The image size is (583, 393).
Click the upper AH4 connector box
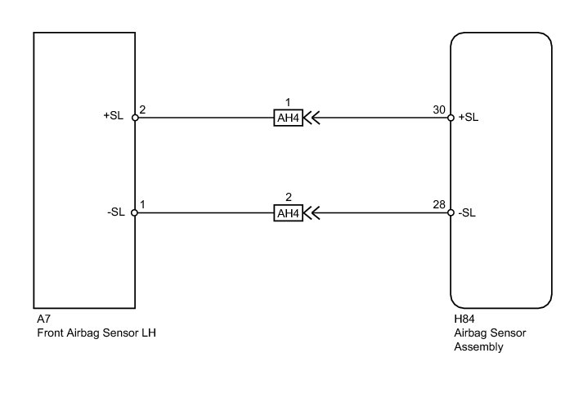[x=288, y=118]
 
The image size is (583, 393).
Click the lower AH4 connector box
[x=288, y=213]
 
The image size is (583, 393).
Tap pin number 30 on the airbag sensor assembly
[x=439, y=109]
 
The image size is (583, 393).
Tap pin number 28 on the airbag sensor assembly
[x=439, y=205]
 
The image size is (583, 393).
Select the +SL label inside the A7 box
[x=114, y=115]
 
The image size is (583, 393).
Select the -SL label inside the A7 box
[x=115, y=212]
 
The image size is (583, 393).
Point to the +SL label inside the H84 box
[x=469, y=117]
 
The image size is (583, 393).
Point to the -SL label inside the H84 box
[x=467, y=213]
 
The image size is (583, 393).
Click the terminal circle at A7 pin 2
[x=135, y=118]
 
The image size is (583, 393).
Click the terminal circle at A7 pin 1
[x=135, y=213]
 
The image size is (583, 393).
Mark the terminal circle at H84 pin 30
[x=451, y=118]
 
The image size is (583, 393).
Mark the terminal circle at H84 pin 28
[x=451, y=213]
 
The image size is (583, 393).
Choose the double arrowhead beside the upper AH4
[x=312, y=118]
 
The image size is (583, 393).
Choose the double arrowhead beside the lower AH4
[x=312, y=213]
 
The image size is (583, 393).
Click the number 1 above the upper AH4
[x=288, y=102]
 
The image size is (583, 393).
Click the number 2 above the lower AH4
[x=288, y=197]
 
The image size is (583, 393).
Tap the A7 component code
[x=43, y=319]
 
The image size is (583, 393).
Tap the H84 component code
[x=464, y=319]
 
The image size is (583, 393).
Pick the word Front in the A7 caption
[x=49, y=333]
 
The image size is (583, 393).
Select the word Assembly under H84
[x=478, y=347]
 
